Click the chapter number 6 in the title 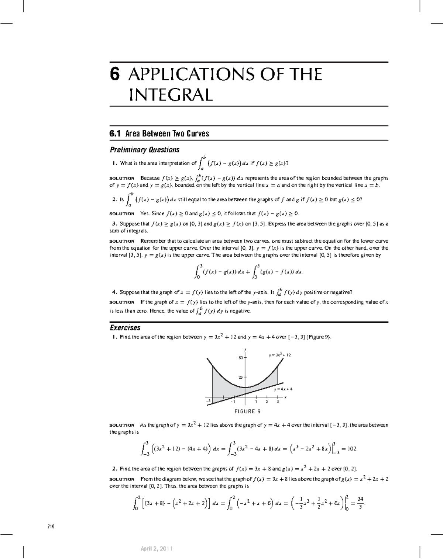point(115,74)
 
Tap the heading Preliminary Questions point(144,150)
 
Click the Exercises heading point(125,328)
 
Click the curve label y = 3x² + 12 point(280,355)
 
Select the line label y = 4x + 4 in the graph point(283,389)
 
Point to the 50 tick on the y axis point(240,358)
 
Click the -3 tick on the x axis point(209,401)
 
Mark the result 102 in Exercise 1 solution point(352,449)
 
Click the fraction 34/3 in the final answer point(360,502)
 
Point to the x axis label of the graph point(285,397)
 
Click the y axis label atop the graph point(245,349)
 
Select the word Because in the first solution point(150,178)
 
